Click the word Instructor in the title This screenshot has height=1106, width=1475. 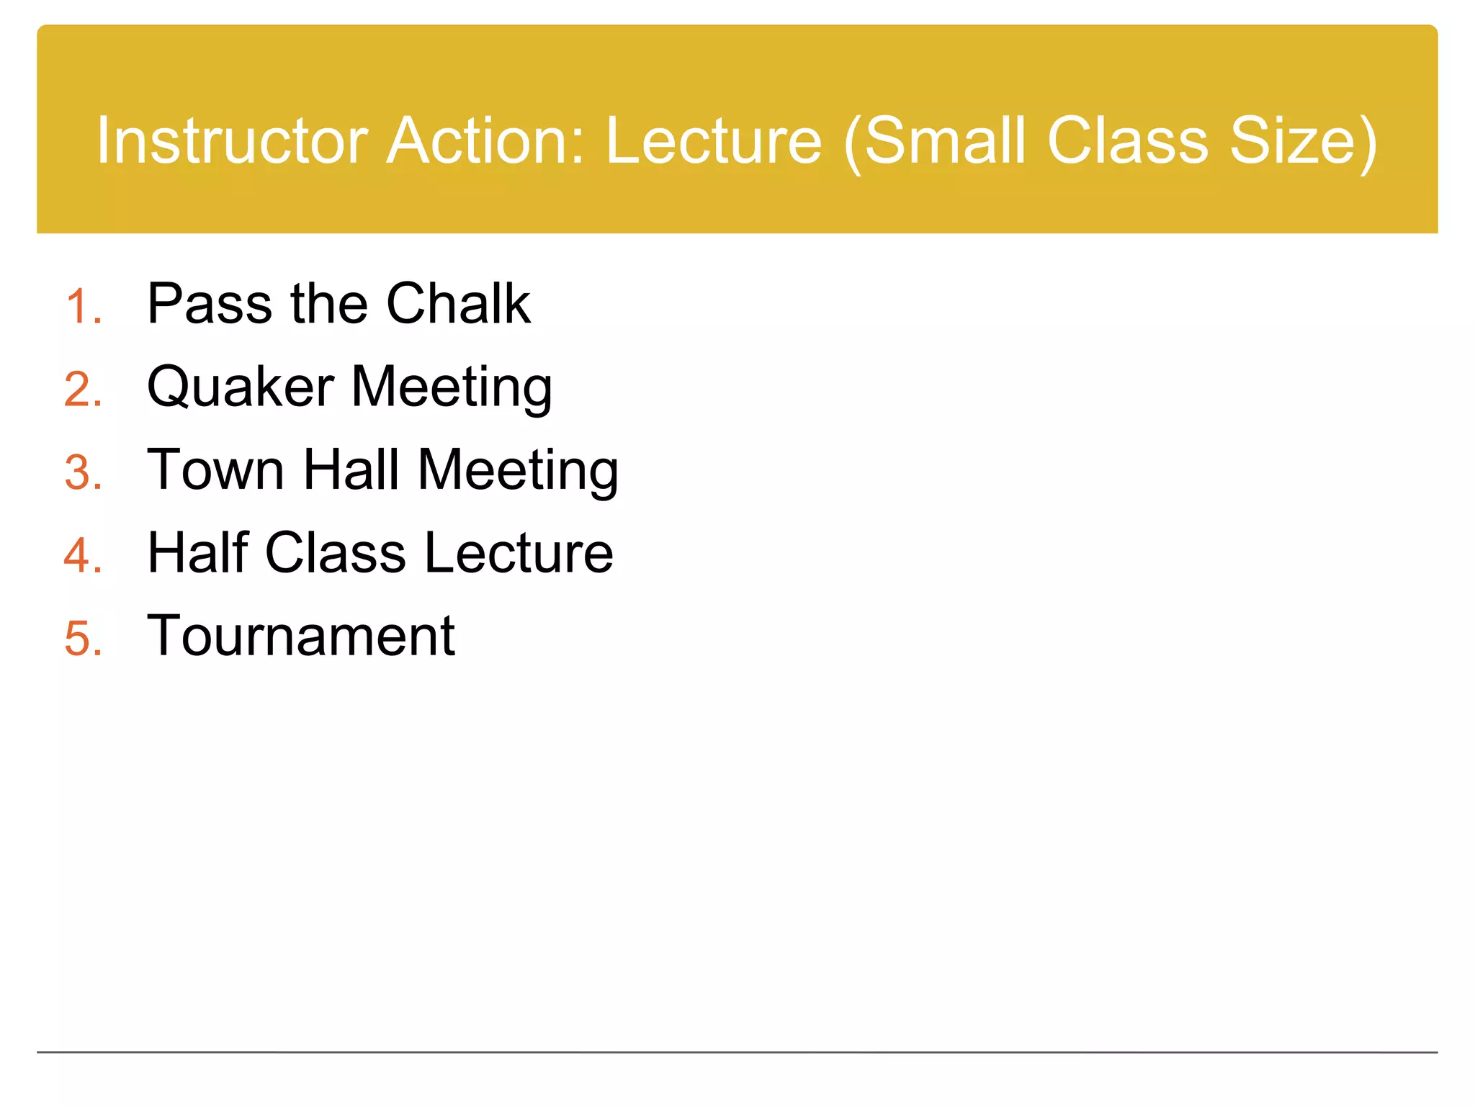[233, 140]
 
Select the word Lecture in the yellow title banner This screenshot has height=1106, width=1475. [713, 140]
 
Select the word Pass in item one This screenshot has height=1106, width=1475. [209, 304]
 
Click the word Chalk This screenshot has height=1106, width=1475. [458, 304]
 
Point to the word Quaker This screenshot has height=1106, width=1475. [240, 387]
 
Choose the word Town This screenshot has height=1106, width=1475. [215, 470]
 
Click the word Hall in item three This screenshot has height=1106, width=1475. [351, 470]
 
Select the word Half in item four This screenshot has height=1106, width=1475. [197, 553]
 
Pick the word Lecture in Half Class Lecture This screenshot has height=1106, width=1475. [519, 553]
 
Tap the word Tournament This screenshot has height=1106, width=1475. [301, 637]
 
